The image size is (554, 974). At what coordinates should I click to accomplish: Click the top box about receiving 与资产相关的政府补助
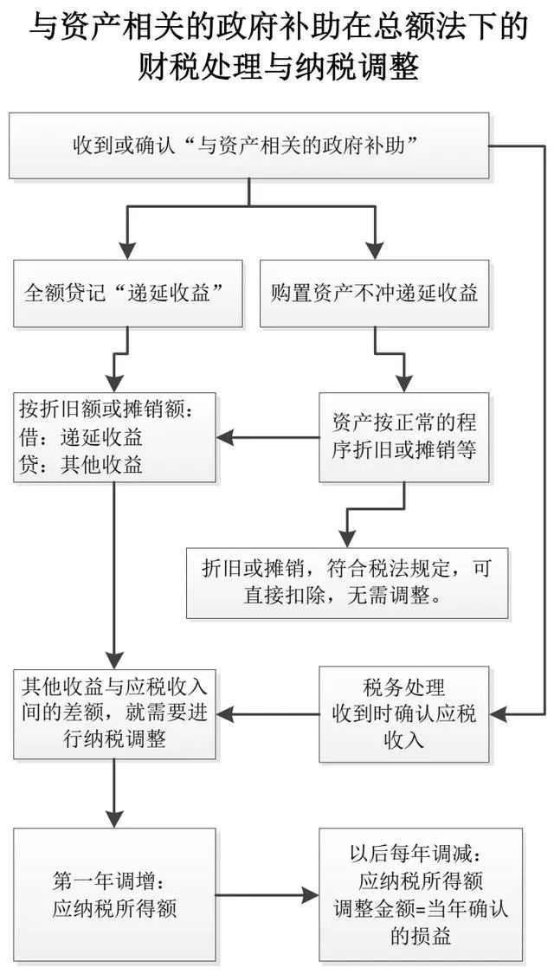click(248, 145)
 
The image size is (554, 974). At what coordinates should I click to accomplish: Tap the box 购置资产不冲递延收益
click(374, 293)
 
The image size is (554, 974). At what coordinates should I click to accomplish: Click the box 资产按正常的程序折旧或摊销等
click(404, 436)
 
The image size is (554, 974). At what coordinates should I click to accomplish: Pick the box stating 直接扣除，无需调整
click(347, 583)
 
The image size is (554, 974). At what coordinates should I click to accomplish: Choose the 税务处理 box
click(404, 713)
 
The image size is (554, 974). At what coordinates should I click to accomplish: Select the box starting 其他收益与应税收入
click(114, 713)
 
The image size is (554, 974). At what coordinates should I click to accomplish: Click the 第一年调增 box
click(114, 894)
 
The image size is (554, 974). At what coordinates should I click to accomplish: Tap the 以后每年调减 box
click(421, 894)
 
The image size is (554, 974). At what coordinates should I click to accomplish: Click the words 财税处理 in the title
click(201, 66)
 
